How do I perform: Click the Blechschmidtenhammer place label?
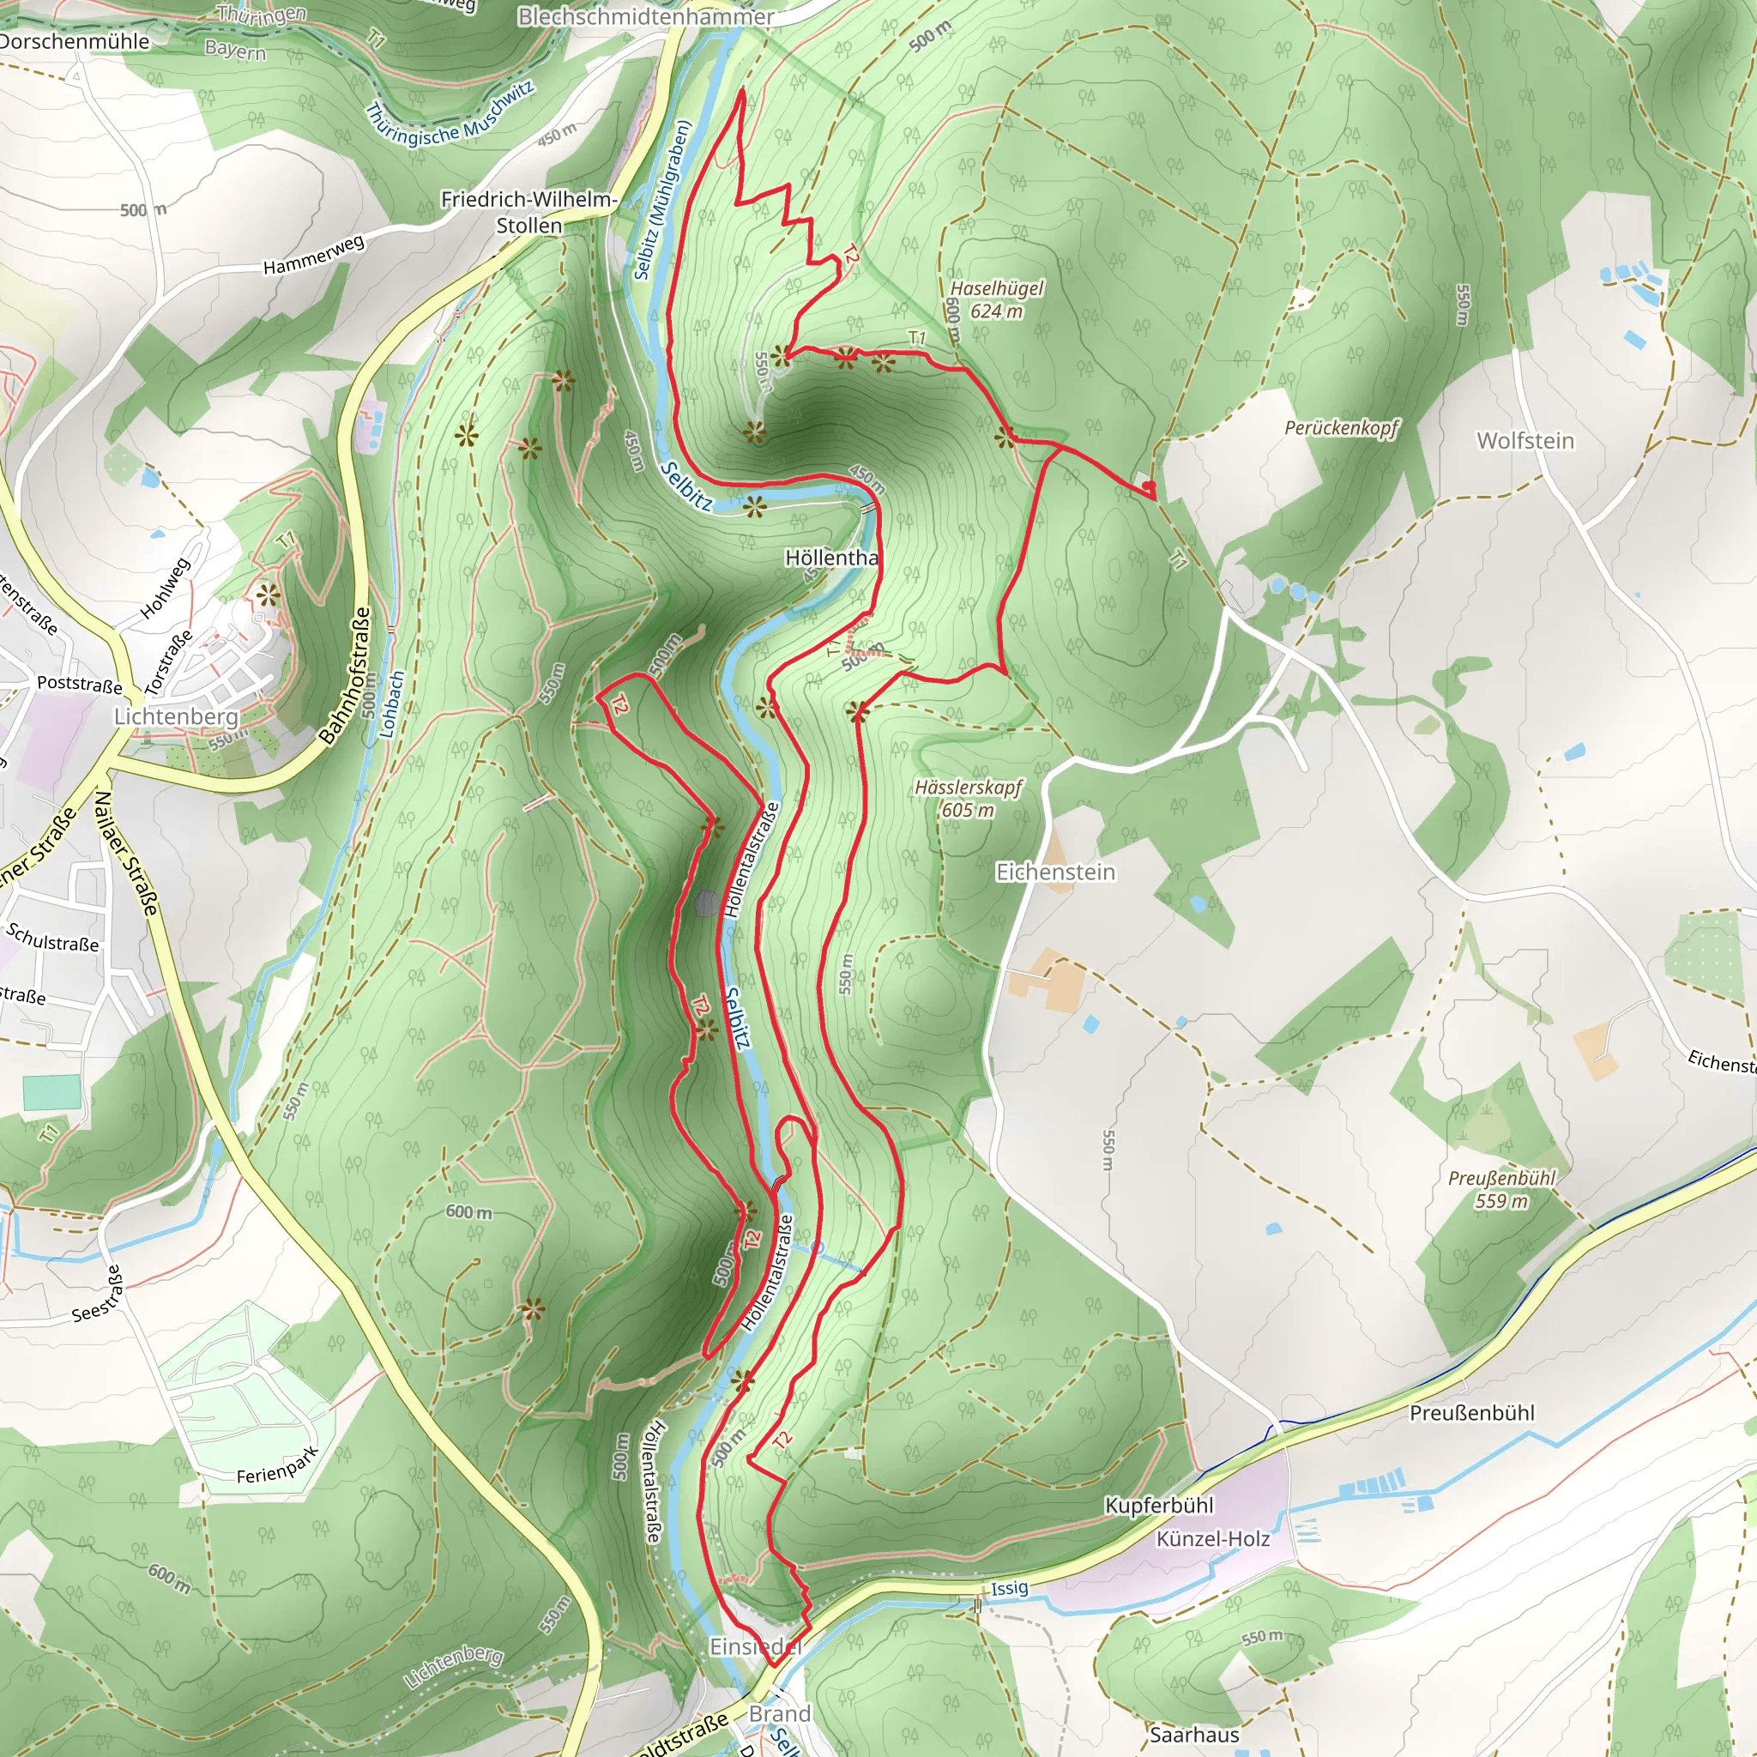(x=646, y=16)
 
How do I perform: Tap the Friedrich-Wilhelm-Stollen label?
(x=529, y=212)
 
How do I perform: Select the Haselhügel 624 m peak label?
(x=997, y=299)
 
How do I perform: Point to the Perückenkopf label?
(x=1342, y=427)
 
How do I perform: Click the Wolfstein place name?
(x=1525, y=441)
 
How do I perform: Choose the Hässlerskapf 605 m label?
(x=969, y=799)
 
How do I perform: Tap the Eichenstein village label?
(x=1055, y=872)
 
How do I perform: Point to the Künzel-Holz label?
(x=1213, y=1539)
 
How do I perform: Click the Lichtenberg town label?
(x=176, y=716)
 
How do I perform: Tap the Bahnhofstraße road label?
(x=347, y=676)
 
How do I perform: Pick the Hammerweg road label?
(x=314, y=255)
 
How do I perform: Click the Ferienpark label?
(x=277, y=1465)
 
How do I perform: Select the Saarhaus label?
(x=1194, y=1734)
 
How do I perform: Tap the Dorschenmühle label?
(x=75, y=42)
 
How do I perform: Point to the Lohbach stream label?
(x=390, y=705)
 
